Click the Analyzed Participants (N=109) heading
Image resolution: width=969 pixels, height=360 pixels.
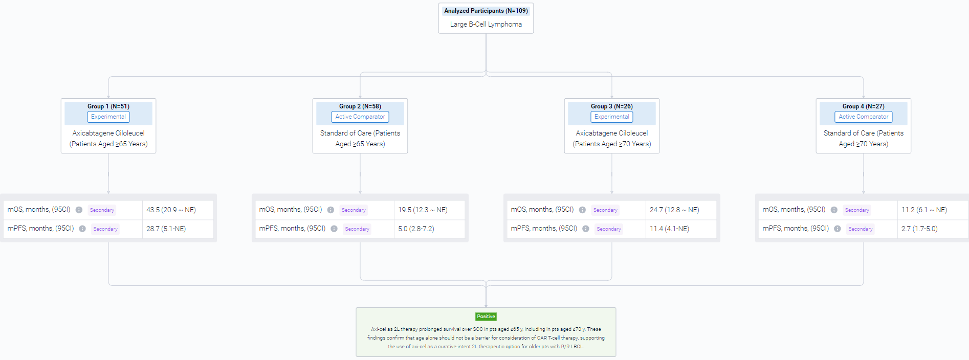[486, 11]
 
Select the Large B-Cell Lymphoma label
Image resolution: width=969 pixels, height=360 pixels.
[486, 24]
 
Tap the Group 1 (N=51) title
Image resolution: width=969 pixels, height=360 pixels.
[108, 106]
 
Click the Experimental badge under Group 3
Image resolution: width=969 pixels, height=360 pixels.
[612, 117]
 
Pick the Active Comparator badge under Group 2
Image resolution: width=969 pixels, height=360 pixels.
[360, 117]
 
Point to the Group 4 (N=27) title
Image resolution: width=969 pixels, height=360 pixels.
[864, 106]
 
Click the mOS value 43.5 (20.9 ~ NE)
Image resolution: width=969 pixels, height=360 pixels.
[171, 210]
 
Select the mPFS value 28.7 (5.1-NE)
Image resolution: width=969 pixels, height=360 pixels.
[166, 229]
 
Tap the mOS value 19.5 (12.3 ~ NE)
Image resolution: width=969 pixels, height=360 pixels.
[423, 210]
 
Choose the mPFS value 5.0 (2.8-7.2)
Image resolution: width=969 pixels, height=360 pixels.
[416, 229]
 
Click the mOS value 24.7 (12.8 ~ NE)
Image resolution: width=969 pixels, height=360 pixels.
[674, 210]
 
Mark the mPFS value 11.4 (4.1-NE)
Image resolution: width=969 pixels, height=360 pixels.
[669, 229]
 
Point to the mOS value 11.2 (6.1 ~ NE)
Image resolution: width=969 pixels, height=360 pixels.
[924, 210]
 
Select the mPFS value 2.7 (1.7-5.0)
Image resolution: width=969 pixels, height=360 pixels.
[919, 229]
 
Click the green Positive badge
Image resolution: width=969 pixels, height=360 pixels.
[486, 317]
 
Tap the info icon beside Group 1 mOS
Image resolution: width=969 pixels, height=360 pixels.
[79, 210]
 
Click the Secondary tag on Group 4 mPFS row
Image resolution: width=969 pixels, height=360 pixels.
[861, 229]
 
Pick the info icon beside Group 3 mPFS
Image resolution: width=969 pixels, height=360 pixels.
[586, 229]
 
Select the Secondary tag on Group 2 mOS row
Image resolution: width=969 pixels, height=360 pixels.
[354, 210]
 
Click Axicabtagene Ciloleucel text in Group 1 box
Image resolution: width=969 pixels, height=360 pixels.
[108, 133]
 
